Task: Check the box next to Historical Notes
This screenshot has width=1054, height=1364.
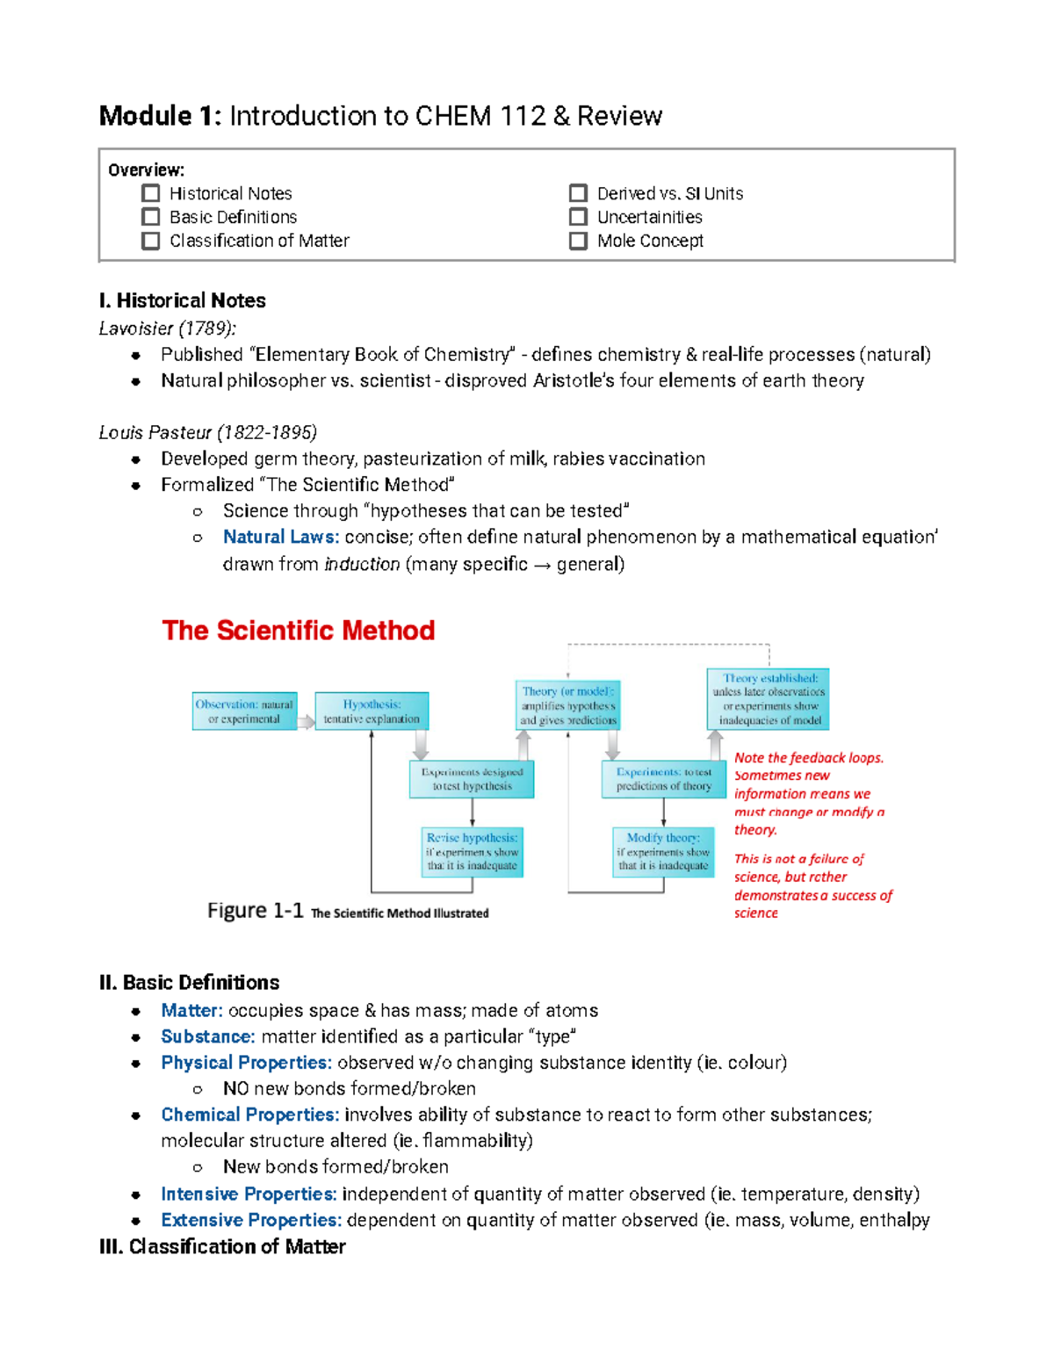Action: [151, 193]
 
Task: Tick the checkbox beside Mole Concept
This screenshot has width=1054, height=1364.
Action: [578, 241]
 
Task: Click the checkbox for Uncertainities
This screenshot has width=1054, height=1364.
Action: [578, 217]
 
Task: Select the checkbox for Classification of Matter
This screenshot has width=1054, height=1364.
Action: [151, 241]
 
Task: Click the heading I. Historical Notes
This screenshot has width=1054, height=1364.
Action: [183, 300]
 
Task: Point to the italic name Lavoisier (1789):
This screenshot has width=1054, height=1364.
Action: [167, 328]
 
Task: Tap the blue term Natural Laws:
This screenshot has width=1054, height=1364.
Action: [280, 537]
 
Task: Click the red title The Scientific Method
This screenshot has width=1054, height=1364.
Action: [298, 630]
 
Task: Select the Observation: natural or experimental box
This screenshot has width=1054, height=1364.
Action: [244, 711]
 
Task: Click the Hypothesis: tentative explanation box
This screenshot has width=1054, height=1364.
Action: [372, 711]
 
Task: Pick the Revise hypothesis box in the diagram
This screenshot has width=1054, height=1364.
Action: [473, 851]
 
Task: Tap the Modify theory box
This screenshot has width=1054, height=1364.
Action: [663, 851]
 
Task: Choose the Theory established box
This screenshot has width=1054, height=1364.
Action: [769, 699]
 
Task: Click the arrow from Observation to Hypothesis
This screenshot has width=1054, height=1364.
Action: [306, 722]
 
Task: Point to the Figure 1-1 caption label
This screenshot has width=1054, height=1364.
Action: [255, 911]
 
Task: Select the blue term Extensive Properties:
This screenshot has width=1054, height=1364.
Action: [250, 1220]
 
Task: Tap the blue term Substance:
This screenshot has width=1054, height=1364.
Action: [208, 1036]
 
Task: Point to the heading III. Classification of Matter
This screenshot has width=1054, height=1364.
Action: [222, 1246]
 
